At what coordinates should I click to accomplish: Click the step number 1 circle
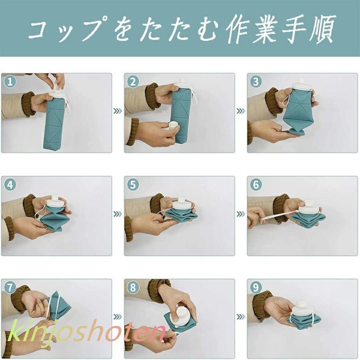pos(10,82)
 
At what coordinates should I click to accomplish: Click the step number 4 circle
pos(10,185)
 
